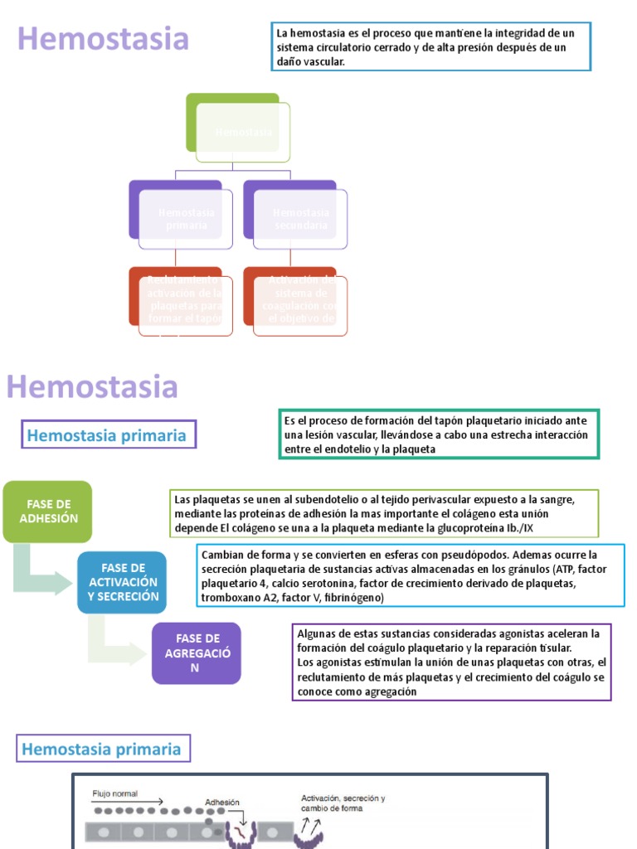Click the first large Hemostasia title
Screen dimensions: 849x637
[104, 39]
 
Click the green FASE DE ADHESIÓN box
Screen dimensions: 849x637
[47, 511]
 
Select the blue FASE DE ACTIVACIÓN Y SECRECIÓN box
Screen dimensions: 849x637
[123, 582]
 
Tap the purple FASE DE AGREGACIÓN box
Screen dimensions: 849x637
[197, 653]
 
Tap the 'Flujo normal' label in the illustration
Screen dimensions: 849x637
[114, 793]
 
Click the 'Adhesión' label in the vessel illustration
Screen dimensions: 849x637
[222, 802]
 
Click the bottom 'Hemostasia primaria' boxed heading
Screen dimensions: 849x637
[101, 750]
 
